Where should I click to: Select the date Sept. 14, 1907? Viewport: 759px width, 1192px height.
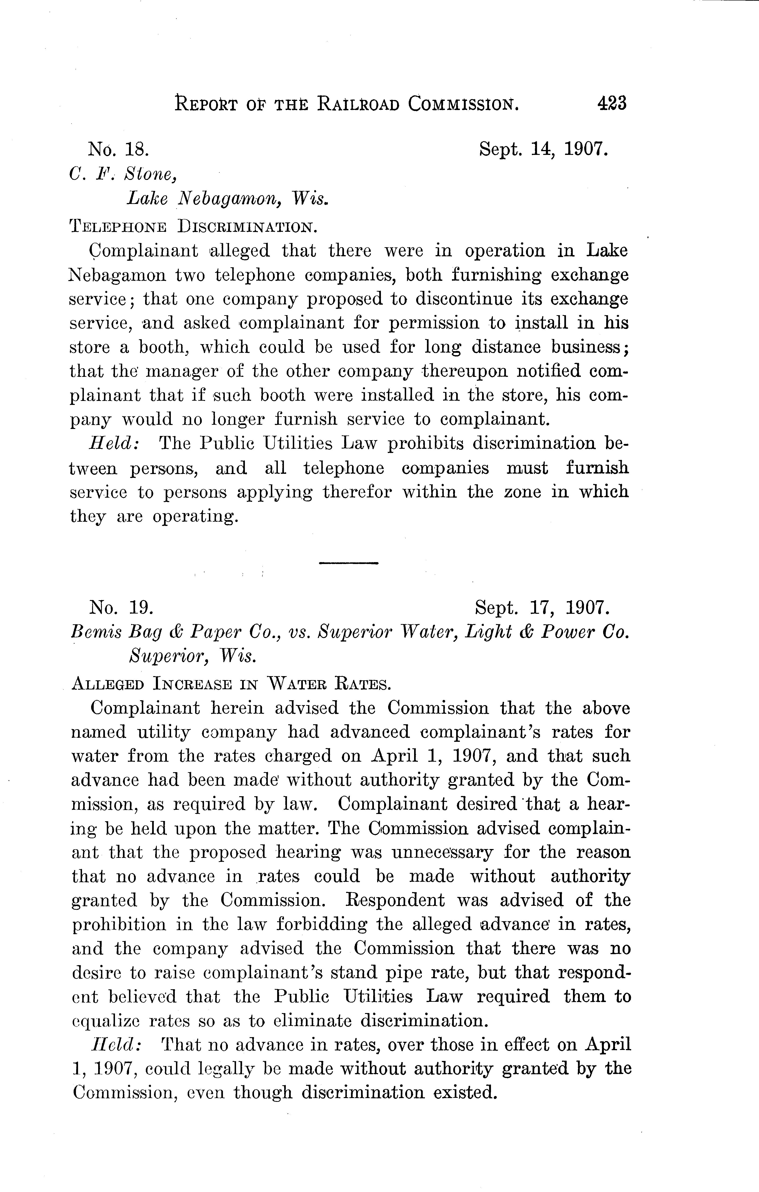pos(543,149)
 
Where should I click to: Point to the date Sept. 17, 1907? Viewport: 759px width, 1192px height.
pos(541,607)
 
